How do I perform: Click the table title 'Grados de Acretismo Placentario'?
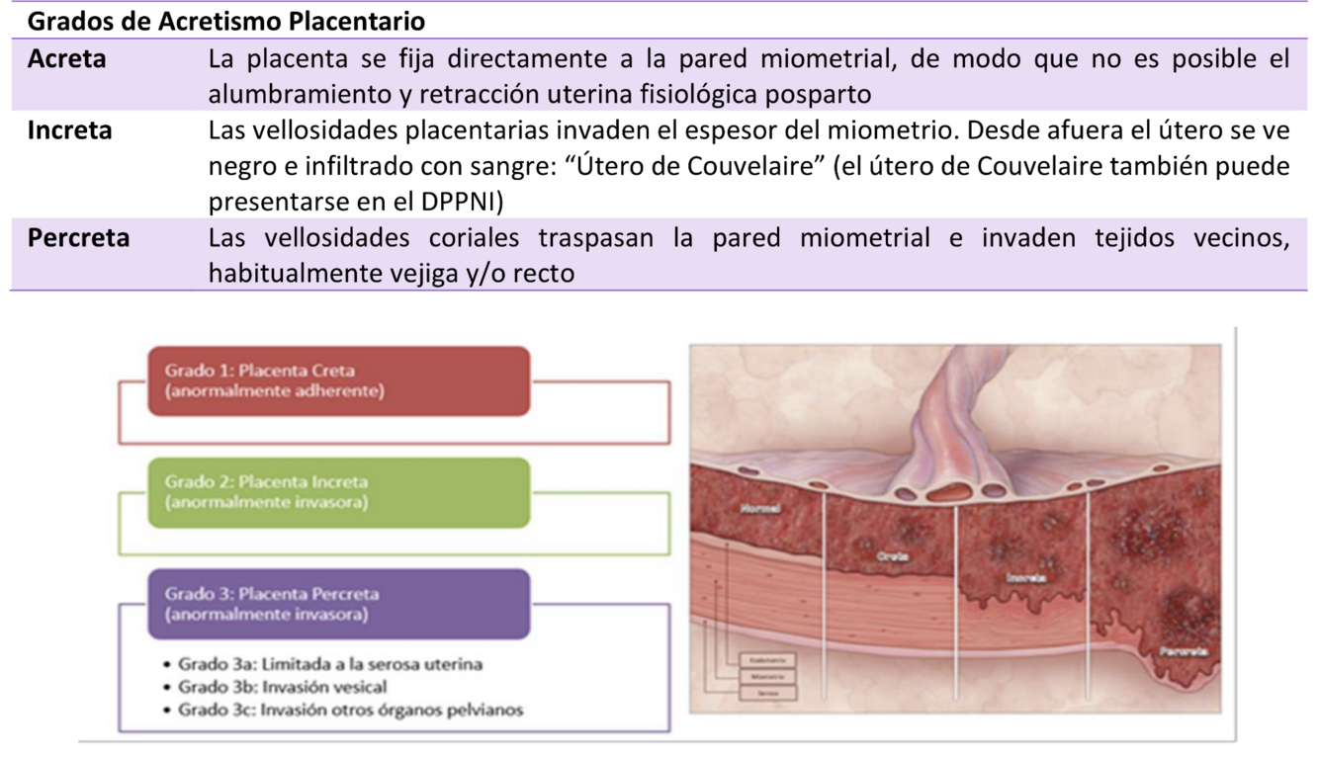(x=226, y=21)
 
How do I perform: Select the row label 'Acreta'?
(x=66, y=59)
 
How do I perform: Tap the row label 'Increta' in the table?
(x=69, y=130)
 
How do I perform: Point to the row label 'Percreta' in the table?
(x=78, y=238)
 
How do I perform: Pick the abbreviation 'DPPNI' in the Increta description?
(x=452, y=202)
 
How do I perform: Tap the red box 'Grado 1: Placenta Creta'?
(x=338, y=380)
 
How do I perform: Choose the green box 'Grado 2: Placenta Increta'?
(x=338, y=492)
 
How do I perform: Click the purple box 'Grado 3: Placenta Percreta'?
(x=338, y=604)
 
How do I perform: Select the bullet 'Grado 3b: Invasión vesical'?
(x=282, y=687)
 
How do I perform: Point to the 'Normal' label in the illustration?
(x=759, y=509)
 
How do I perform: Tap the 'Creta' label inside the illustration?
(x=892, y=557)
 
